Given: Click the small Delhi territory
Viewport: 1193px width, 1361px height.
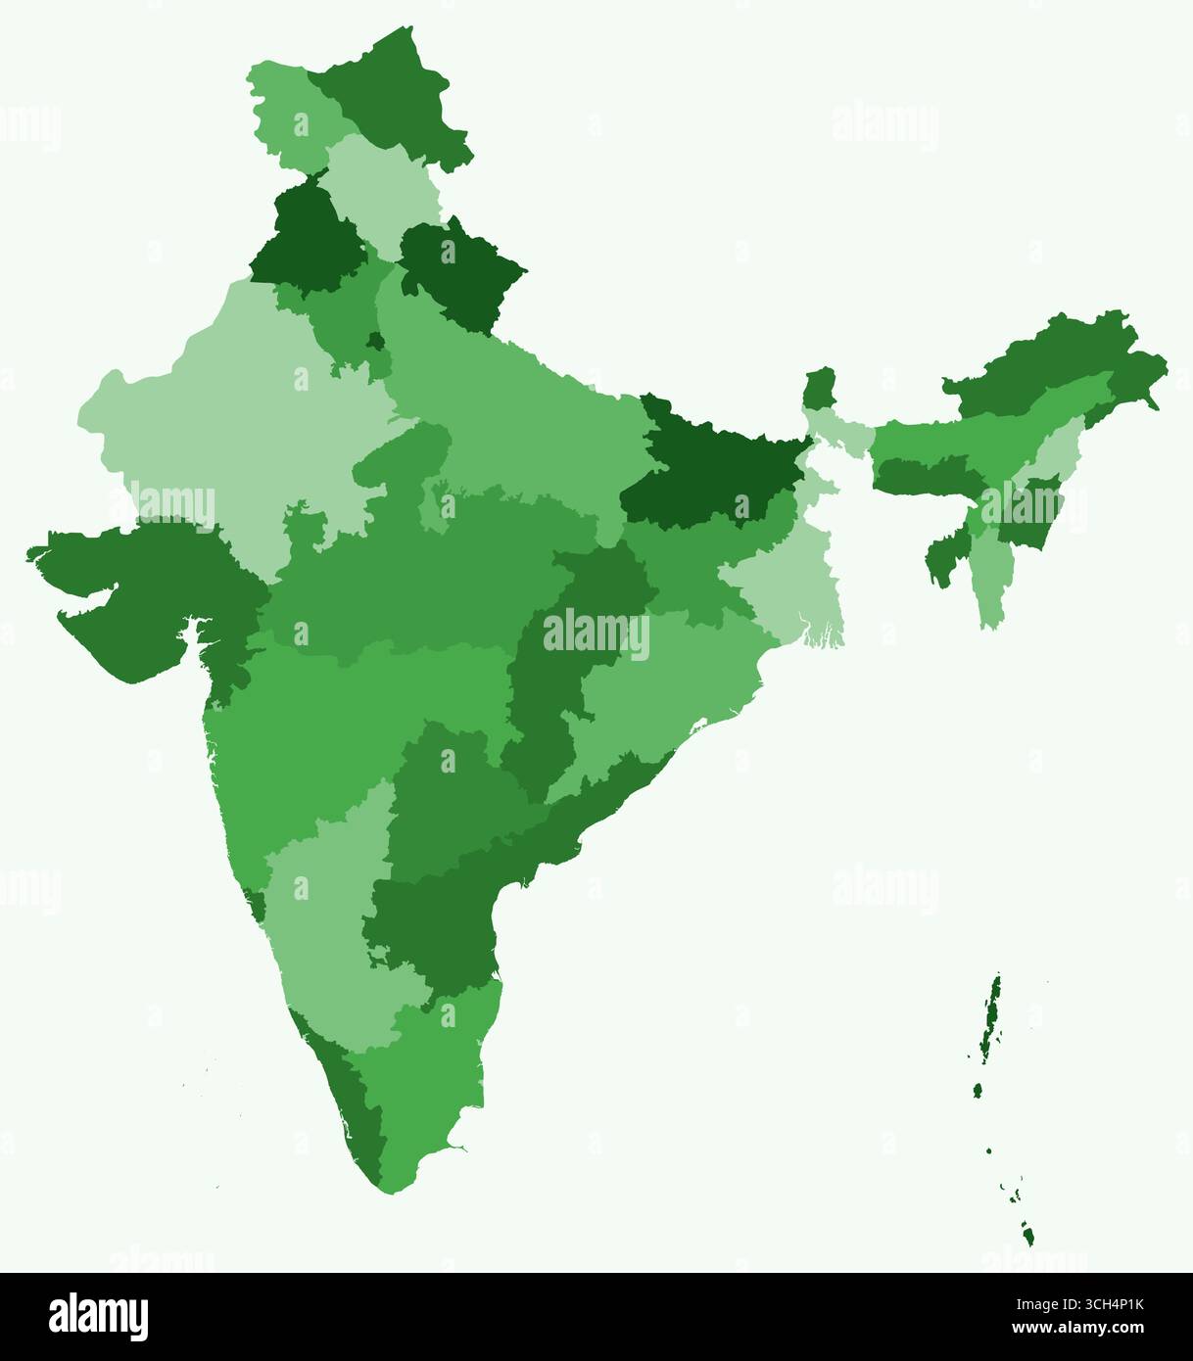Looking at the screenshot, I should point(374,342).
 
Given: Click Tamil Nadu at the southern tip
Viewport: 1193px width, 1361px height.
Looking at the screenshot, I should point(431,1087).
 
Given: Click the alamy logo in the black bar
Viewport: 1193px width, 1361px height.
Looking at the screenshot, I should point(98,1317).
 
